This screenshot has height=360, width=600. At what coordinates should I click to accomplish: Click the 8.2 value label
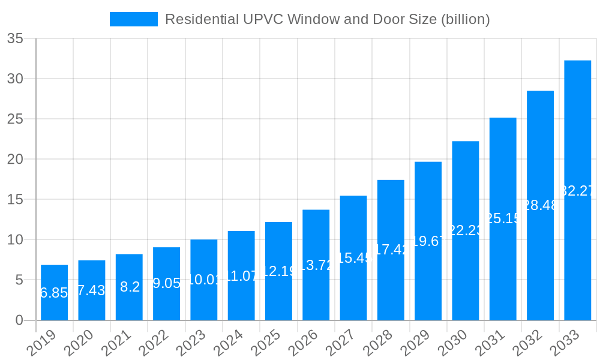130,287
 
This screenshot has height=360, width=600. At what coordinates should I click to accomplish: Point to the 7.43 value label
92,290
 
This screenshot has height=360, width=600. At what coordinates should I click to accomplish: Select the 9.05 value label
166,283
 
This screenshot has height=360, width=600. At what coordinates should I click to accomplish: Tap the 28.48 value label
540,205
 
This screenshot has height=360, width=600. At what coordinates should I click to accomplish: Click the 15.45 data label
353,258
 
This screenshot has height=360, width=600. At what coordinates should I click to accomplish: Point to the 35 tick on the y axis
15,39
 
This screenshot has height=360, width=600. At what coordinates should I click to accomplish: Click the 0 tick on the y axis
19,320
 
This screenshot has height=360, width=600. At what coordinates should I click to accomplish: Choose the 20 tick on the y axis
15,160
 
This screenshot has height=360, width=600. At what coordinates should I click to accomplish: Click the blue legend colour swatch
133,19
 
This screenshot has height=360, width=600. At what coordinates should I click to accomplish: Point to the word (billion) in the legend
466,19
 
